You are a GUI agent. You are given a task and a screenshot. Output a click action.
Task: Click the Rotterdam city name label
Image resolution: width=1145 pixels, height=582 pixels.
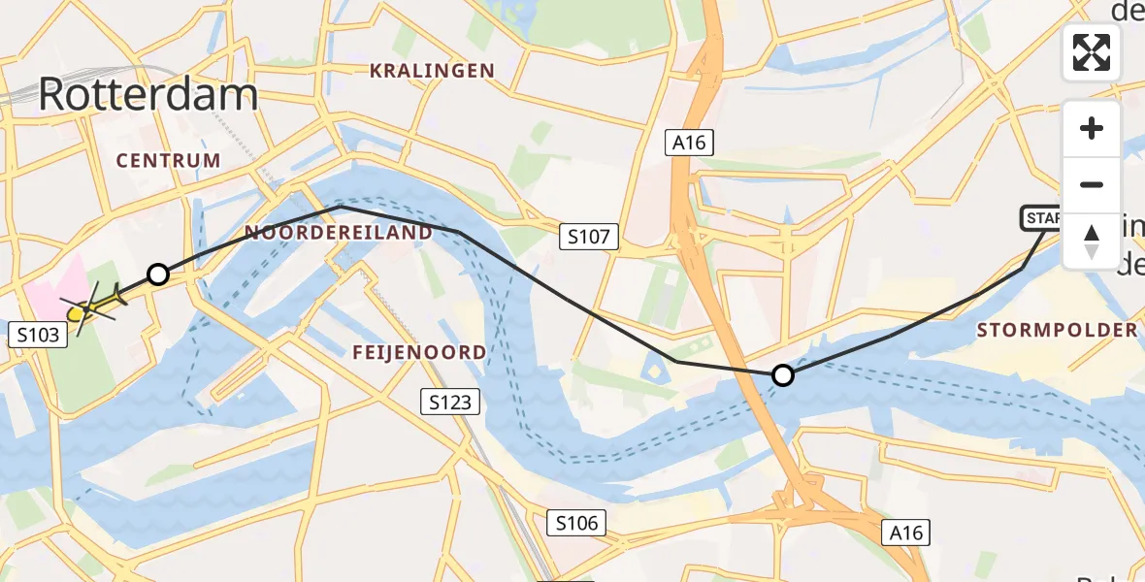[x=148, y=95]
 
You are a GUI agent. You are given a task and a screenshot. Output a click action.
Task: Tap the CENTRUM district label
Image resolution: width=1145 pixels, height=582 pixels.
[x=169, y=160]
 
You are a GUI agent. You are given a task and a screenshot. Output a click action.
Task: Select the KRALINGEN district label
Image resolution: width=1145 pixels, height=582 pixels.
[x=432, y=71]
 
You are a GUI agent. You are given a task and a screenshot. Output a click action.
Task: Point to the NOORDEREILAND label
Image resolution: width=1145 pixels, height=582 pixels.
[x=339, y=233]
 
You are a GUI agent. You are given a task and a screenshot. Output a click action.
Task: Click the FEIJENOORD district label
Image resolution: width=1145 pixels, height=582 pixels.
[x=419, y=352]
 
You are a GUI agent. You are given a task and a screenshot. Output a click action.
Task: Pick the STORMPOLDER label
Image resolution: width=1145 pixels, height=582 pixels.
[x=1057, y=330]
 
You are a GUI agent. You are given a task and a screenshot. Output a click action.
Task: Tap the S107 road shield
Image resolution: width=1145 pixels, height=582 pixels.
[x=589, y=237]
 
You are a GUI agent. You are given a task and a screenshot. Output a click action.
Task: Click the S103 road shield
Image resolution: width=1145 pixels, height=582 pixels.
[x=38, y=335]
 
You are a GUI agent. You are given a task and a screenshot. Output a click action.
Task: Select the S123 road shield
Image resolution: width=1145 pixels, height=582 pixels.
[x=448, y=401]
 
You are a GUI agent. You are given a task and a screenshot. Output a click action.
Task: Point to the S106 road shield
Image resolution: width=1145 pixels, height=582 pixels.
[x=576, y=524]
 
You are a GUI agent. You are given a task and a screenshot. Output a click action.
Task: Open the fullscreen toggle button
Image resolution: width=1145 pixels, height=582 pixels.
[x=1092, y=52]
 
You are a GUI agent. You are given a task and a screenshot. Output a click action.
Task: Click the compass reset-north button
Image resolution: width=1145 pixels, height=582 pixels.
[x=1092, y=242]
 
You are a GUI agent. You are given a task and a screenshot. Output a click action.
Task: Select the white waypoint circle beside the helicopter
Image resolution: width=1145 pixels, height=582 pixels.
[x=157, y=275]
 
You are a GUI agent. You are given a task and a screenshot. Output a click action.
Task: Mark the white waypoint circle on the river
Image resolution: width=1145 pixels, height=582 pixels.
[x=782, y=374]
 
